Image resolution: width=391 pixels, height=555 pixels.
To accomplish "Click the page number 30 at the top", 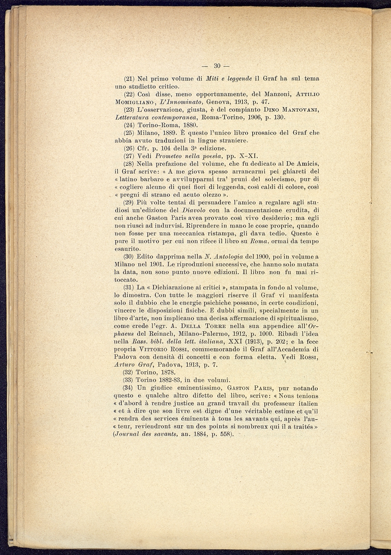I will click(x=217, y=66).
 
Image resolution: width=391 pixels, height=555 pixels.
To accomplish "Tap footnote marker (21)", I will click(x=129, y=79).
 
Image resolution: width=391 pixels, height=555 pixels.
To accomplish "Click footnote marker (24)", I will click(x=129, y=125).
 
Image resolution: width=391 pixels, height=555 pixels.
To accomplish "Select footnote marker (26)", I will click(x=129, y=148).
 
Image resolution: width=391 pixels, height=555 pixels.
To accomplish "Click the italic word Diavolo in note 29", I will click(x=193, y=210).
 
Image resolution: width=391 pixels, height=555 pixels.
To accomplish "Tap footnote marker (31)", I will click(x=129, y=287).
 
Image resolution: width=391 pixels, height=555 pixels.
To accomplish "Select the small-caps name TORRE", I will click(x=214, y=326).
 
